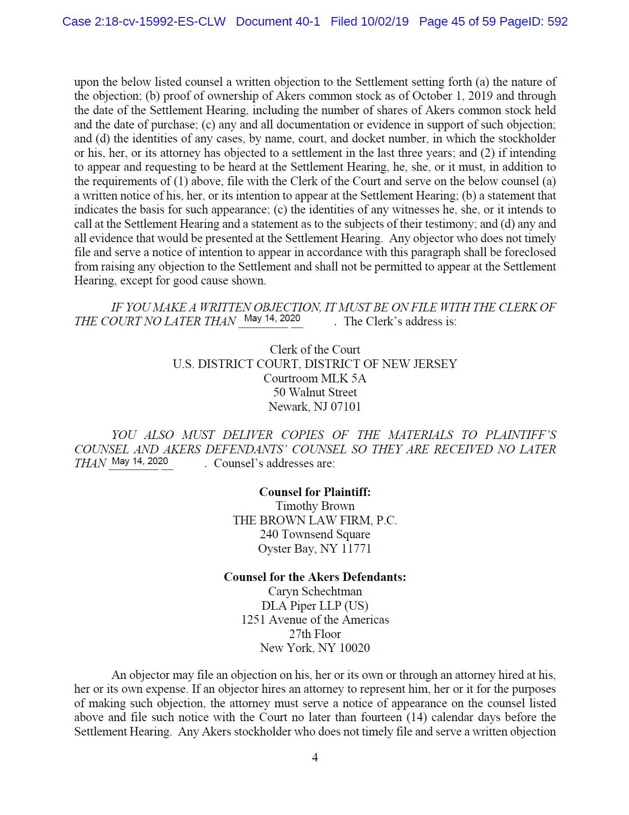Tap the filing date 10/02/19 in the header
[x=385, y=22]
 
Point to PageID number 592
[x=558, y=22]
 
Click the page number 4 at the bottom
[x=314, y=757]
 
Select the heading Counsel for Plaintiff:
[x=314, y=492]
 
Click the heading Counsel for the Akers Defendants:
[x=314, y=577]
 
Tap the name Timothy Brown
[x=314, y=506]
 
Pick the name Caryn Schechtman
[x=314, y=591]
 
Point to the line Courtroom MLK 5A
[x=314, y=378]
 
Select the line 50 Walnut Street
[x=314, y=393]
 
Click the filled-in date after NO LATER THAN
[x=272, y=319]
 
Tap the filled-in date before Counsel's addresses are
[x=140, y=461]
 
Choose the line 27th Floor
[x=314, y=634]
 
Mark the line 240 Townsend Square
[x=314, y=535]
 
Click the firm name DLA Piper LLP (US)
[x=314, y=606]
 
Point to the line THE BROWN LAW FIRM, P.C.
[x=314, y=521]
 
